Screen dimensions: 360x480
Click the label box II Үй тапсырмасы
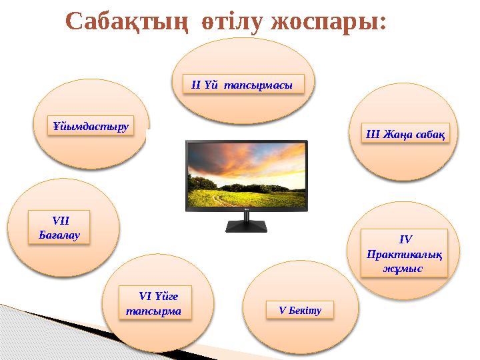coord(243,85)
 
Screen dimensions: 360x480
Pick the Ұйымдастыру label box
coord(91,125)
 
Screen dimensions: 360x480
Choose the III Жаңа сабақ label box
coord(399,133)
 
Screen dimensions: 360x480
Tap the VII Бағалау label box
coord(61,227)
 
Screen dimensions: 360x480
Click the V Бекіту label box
coord(300,309)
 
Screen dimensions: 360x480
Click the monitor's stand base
coord(247,227)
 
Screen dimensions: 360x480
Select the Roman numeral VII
coord(61,219)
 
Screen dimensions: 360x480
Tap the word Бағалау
coord(61,234)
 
